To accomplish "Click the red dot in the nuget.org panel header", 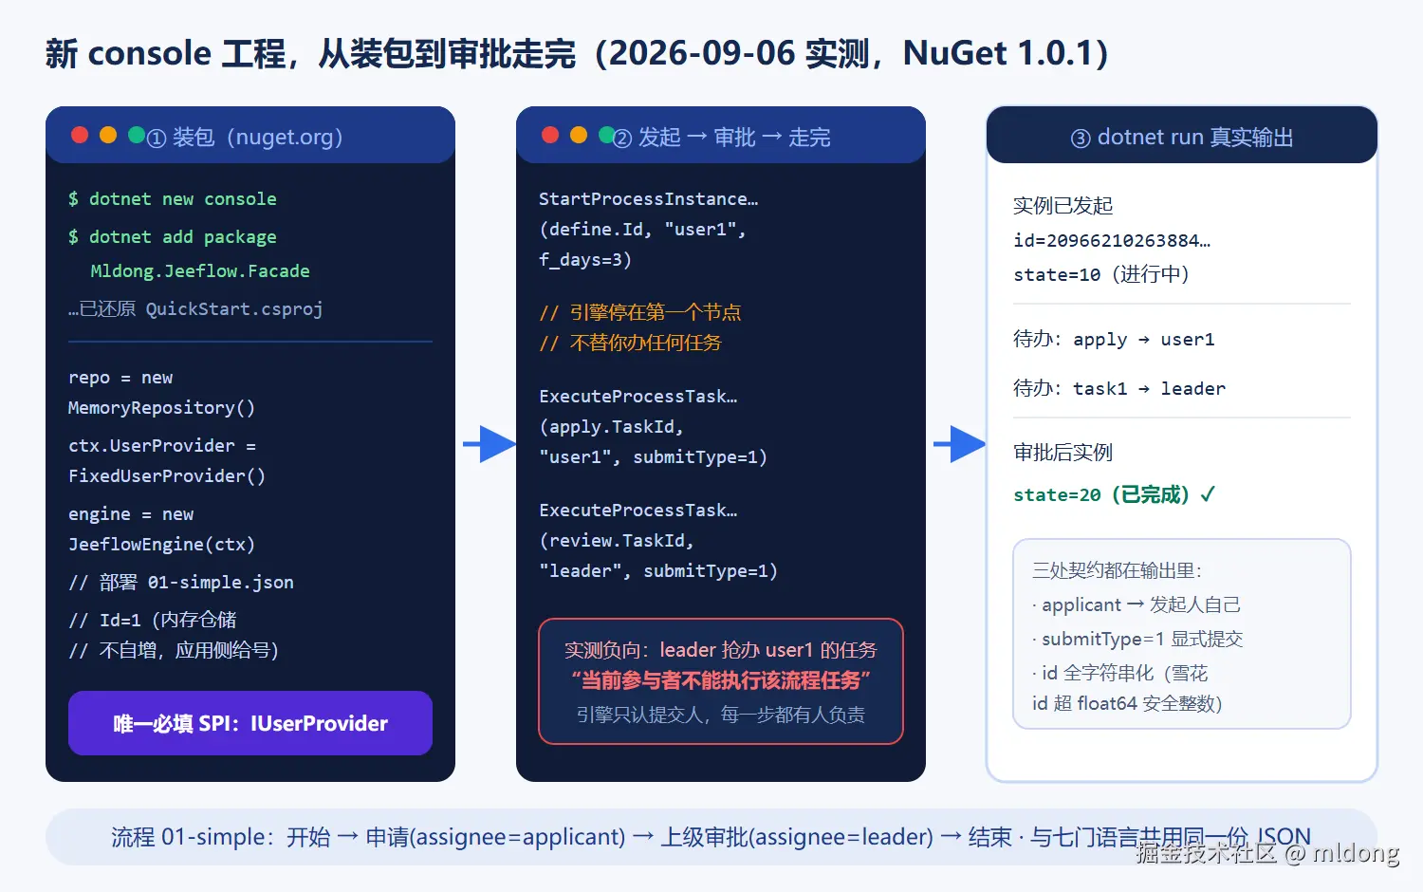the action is (80, 136).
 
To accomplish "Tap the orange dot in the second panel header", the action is (579, 136).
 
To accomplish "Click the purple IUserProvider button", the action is (250, 723).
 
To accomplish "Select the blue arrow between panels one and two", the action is (490, 444).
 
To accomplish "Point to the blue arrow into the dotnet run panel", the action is (959, 444).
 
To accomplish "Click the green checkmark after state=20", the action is (1208, 493).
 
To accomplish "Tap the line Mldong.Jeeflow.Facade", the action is (200, 271).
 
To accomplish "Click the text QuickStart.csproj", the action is (234, 309).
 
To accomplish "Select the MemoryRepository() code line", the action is (161, 408).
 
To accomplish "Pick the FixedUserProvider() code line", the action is (166, 475).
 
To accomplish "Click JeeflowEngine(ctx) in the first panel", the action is (161, 545).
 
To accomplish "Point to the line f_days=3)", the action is (585, 260).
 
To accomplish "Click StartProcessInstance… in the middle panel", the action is (649, 199).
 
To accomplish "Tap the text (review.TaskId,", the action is (617, 541).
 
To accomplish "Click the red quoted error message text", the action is (720, 680).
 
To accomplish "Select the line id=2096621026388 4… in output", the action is (1112, 241).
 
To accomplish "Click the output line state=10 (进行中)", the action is (1100, 274).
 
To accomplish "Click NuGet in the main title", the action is (955, 53).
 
